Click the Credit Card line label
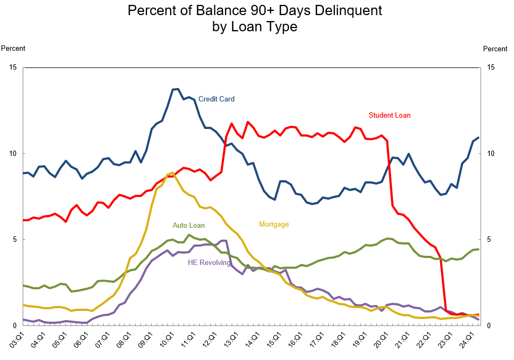(216, 99)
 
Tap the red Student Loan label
(389, 115)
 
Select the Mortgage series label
(274, 225)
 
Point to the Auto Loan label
(189, 225)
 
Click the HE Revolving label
(209, 263)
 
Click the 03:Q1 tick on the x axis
(20, 340)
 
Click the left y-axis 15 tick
(13, 67)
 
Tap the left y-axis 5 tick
(15, 239)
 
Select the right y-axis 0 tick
(489, 325)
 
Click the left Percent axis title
(13, 49)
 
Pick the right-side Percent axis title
(495, 49)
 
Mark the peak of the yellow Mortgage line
(172, 173)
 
